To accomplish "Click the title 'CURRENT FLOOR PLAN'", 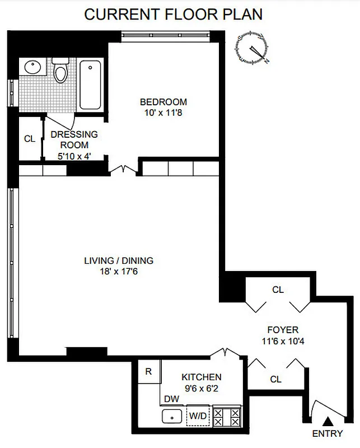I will tap(174, 15).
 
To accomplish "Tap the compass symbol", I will tap(252, 48).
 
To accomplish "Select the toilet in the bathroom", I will tap(60, 71).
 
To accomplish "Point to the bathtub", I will tap(90, 85).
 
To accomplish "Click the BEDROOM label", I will tap(163, 102).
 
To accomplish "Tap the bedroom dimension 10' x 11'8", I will tap(163, 112).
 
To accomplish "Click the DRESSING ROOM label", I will tap(74, 139).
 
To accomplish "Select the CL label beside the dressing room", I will tap(30, 139).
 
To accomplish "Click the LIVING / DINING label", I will tap(118, 260).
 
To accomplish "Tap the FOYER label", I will tap(283, 330).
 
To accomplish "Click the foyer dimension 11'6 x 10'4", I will tap(283, 340).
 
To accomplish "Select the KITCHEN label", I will tap(201, 377).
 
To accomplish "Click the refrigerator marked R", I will tap(148, 371).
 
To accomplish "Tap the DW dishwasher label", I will tap(171, 399).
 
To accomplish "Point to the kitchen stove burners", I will tap(227, 417).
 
